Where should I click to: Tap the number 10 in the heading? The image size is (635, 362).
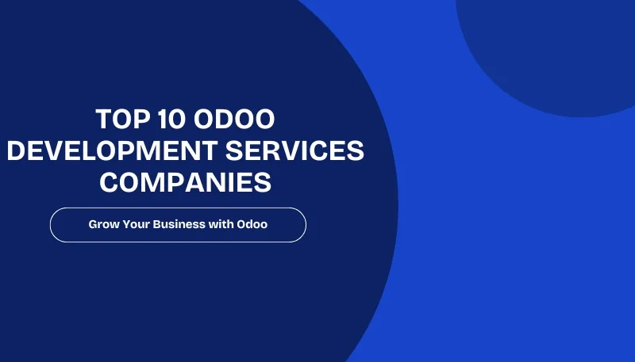tap(169, 120)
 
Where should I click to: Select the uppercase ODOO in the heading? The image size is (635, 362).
tap(234, 120)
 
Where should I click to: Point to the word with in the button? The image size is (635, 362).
tap(222, 225)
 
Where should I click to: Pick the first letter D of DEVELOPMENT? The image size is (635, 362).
tap(17, 151)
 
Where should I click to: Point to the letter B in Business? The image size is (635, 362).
tap(162, 225)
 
